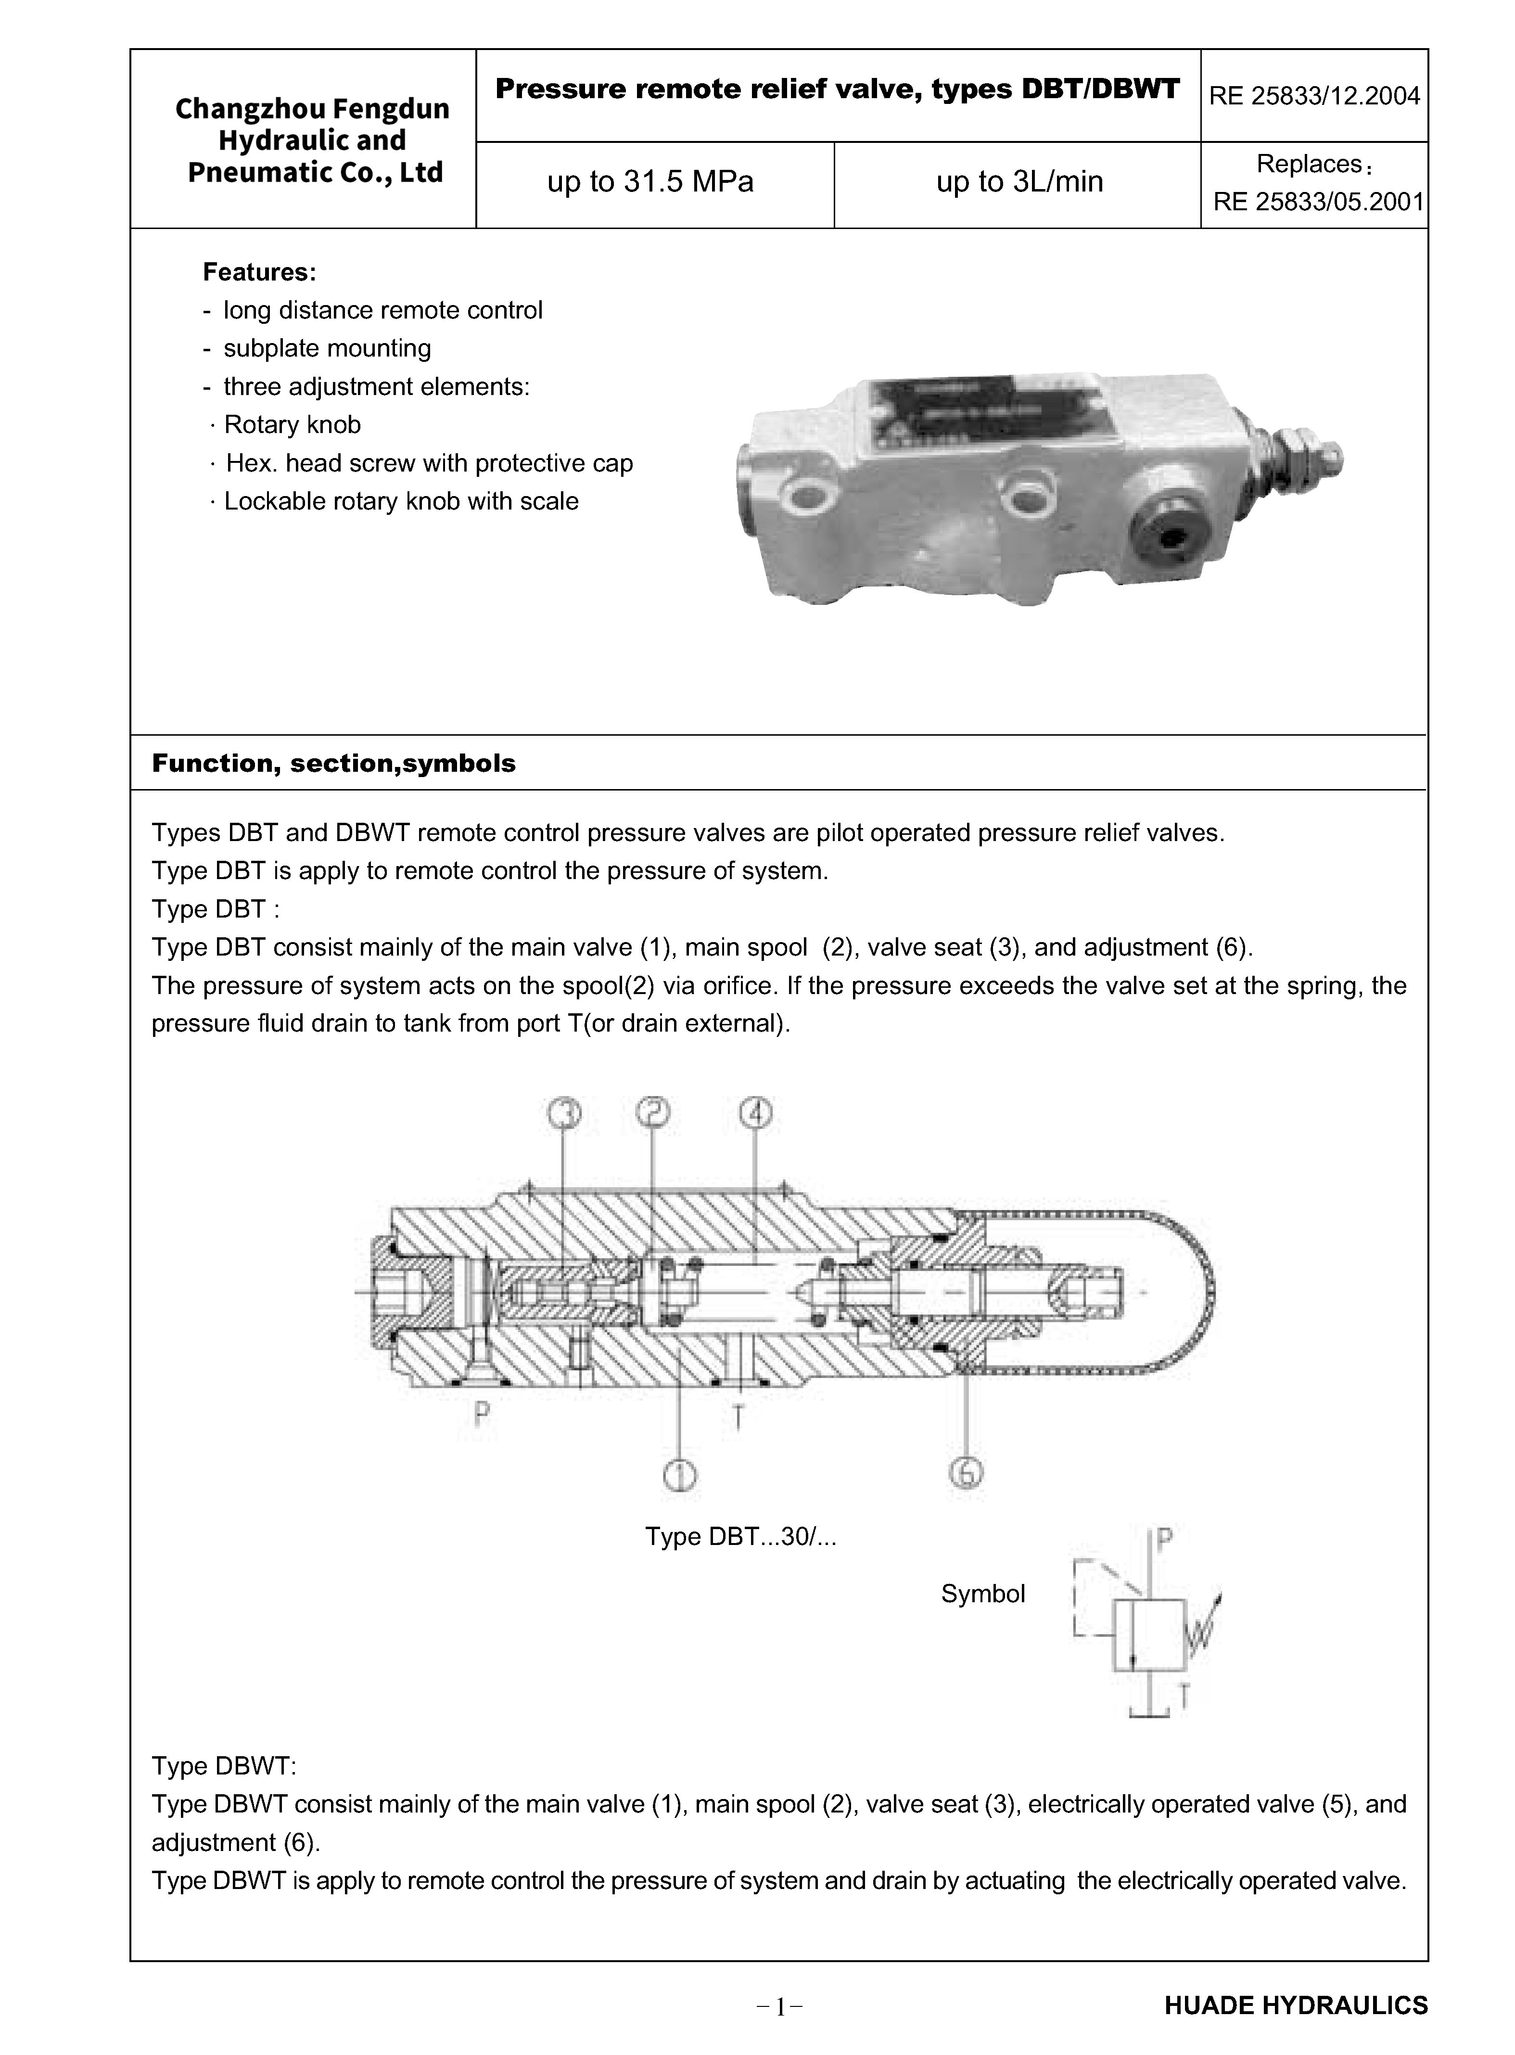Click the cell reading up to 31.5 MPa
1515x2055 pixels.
[650, 181]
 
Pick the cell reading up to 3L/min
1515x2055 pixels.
[1019, 181]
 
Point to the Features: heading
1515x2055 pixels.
[259, 272]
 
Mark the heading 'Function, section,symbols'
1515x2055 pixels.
[334, 763]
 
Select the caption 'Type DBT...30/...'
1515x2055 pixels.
[741, 1536]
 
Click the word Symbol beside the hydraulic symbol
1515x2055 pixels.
[983, 1594]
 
